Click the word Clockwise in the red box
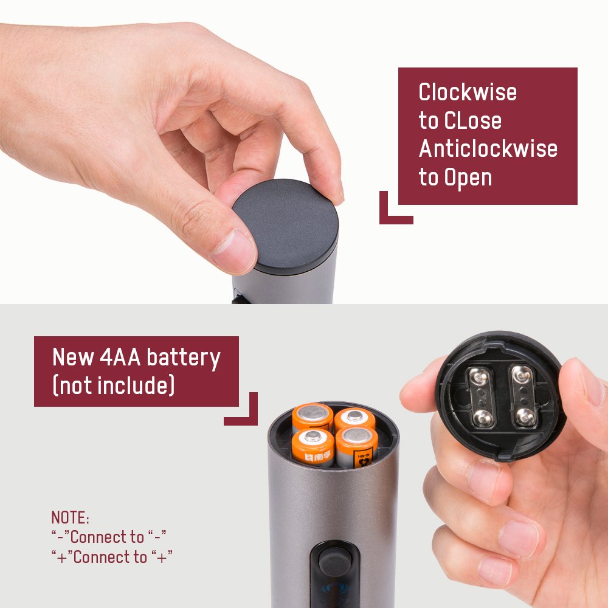tap(468, 92)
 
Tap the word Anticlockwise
tap(488, 149)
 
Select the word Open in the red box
tap(468, 178)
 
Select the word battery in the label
tap(184, 358)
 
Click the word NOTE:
tap(71, 518)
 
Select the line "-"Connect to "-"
tap(109, 537)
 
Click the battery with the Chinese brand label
tap(313, 449)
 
